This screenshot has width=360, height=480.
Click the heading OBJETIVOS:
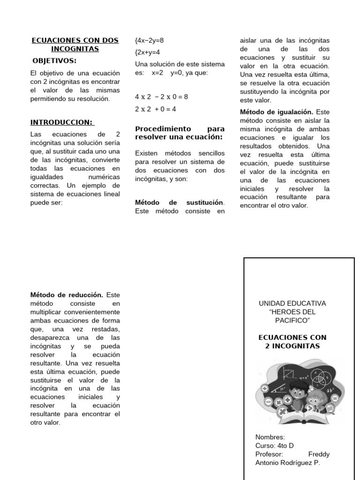pyautogui.click(x=54, y=60)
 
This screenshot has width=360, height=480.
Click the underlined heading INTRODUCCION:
pyautogui.click(x=62, y=122)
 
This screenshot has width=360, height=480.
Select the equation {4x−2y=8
pyautogui.click(x=150, y=41)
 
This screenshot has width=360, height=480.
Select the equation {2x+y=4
pyautogui.click(x=148, y=52)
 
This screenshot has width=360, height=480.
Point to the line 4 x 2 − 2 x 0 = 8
pyautogui.click(x=161, y=97)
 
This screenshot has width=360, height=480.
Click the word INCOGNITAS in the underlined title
pyautogui.click(x=75, y=49)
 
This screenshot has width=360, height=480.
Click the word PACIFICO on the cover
pyautogui.click(x=292, y=320)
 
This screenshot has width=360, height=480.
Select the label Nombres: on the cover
pyautogui.click(x=270, y=437)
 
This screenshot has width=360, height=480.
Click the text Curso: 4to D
pyautogui.click(x=275, y=446)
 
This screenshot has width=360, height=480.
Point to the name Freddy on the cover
pyautogui.click(x=319, y=454)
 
